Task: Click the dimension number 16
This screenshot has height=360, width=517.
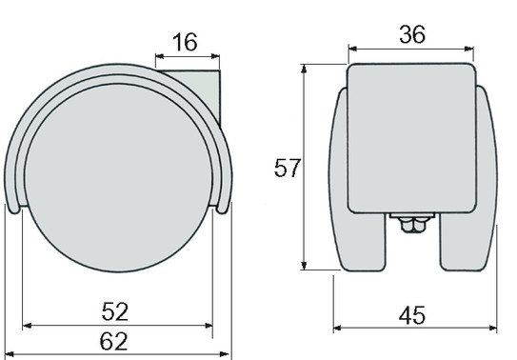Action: (x=185, y=42)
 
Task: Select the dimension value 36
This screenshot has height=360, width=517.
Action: (x=412, y=34)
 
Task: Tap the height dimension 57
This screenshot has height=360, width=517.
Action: (x=288, y=168)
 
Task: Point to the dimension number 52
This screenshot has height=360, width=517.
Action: (x=115, y=311)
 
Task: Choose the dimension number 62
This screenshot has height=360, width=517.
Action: (x=113, y=341)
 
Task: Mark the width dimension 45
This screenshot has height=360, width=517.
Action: (x=412, y=315)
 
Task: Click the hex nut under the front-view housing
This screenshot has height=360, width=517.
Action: (x=412, y=225)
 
